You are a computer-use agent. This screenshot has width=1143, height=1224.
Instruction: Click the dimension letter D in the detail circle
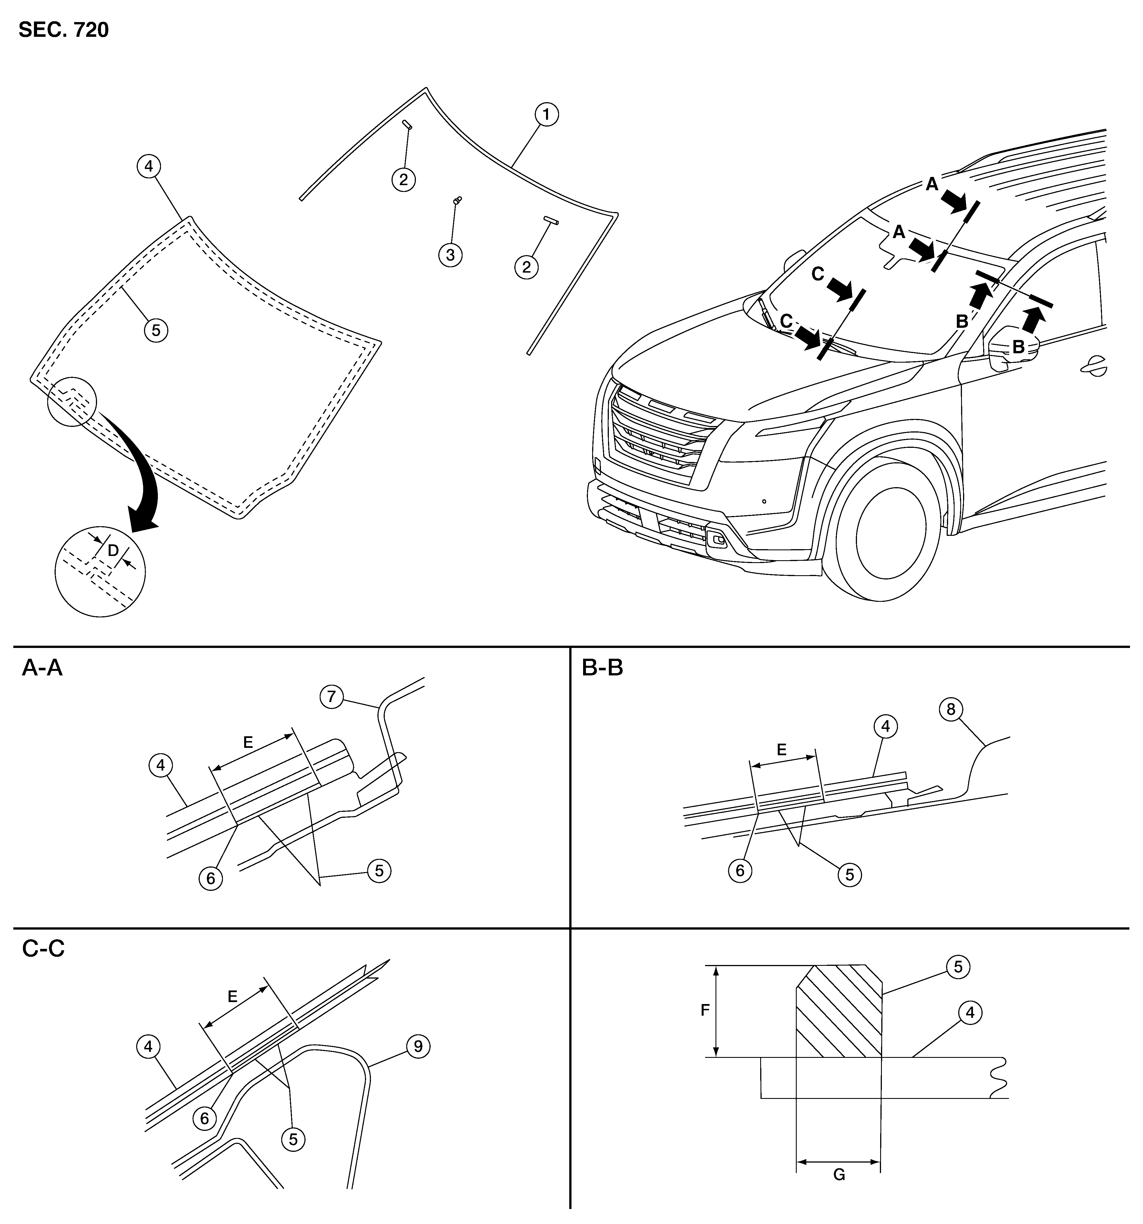point(113,550)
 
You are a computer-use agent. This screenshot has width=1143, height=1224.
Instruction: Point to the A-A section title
point(42,668)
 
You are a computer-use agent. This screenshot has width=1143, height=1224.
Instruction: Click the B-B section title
point(603,668)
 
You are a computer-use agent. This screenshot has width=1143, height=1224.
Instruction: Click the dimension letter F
point(705,1010)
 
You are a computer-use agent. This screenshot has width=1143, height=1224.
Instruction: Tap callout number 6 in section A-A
point(210,879)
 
